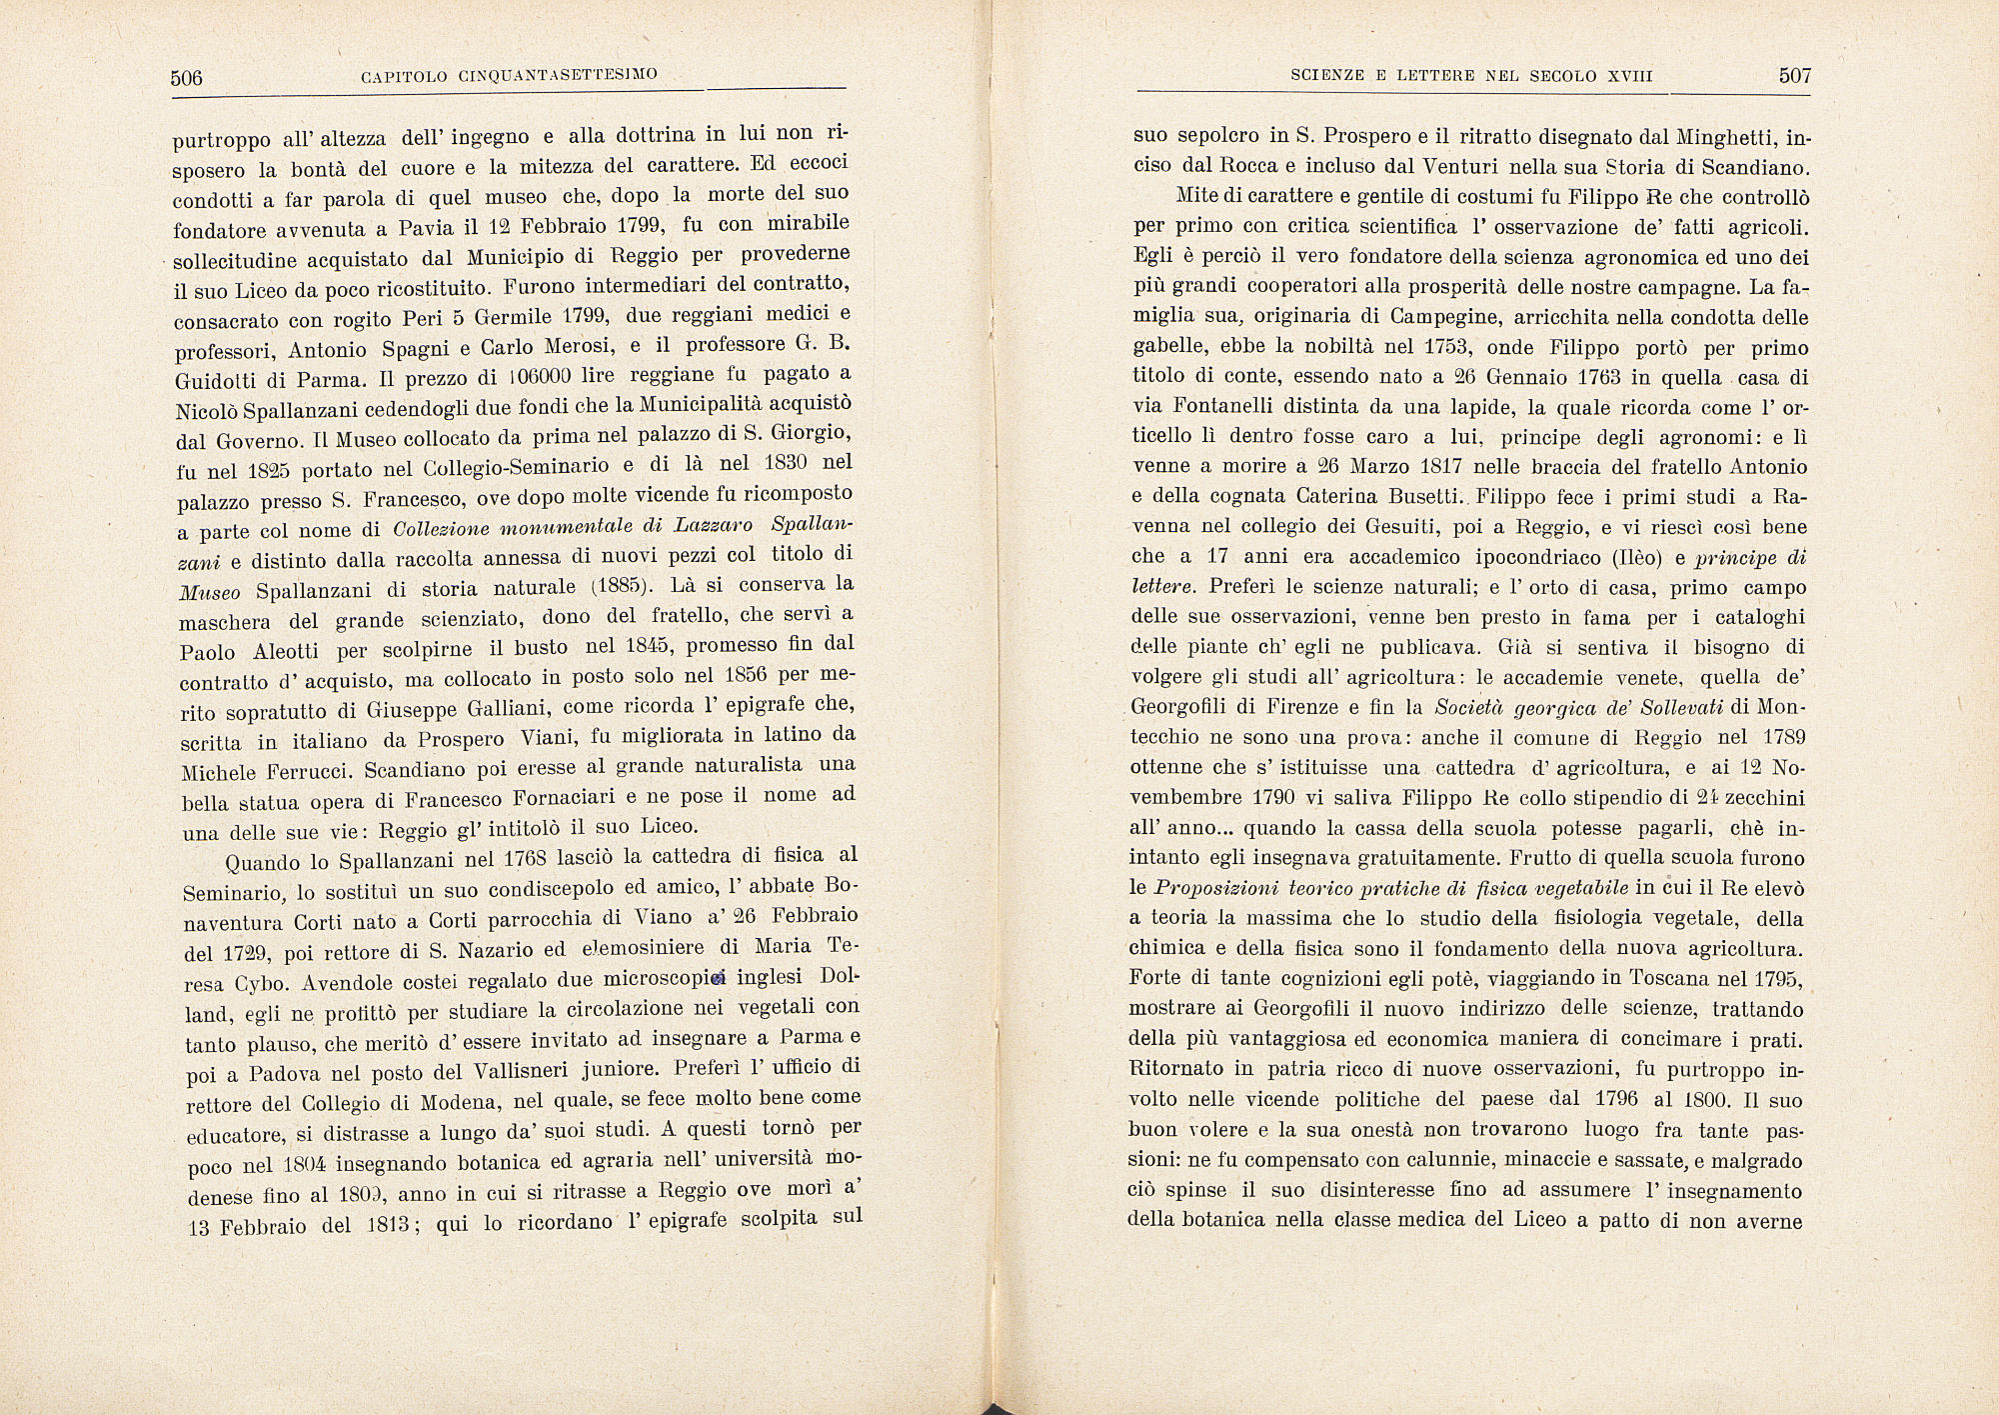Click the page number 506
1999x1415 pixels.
click(187, 78)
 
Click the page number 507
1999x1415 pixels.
click(1795, 76)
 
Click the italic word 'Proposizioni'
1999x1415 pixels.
click(1213, 888)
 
